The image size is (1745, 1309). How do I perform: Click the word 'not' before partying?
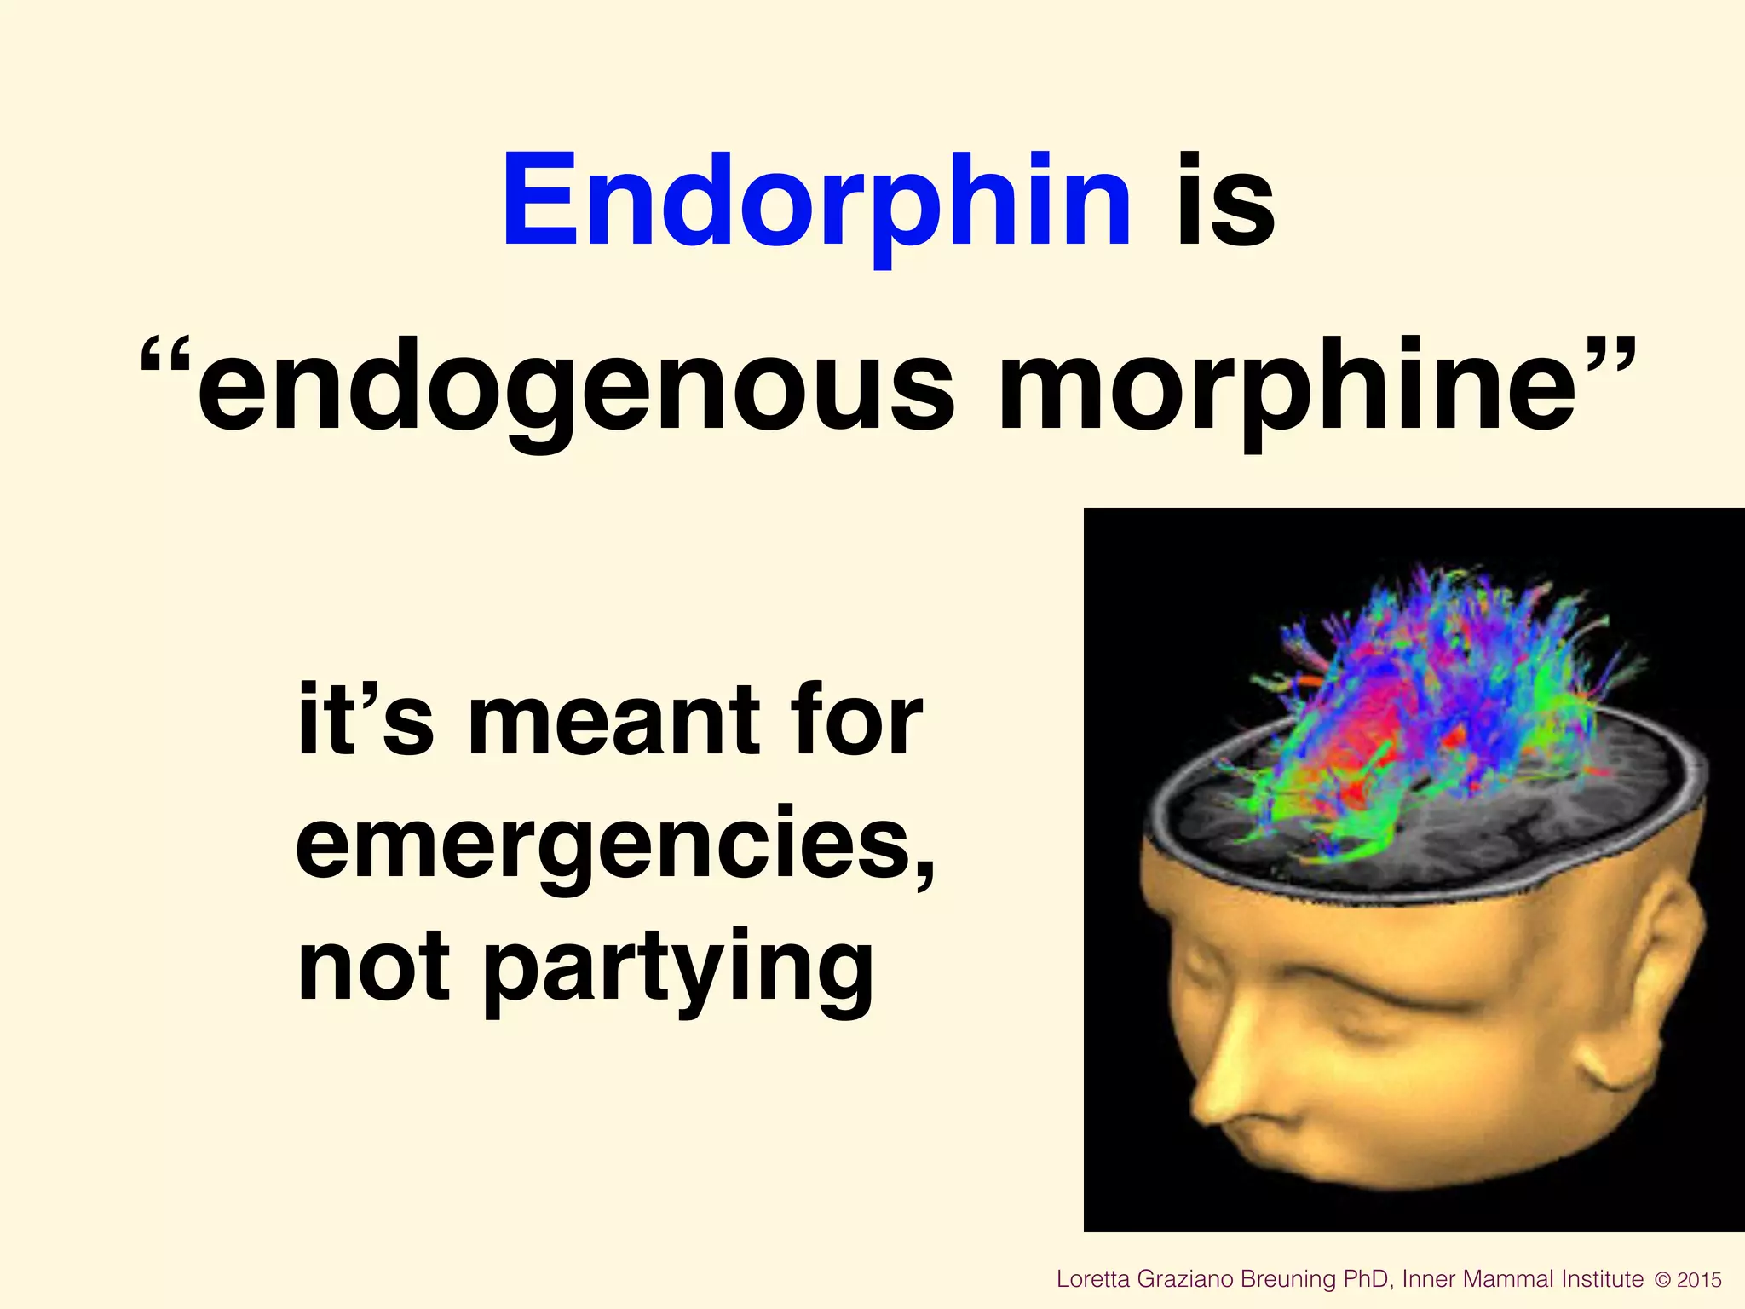[x=373, y=967]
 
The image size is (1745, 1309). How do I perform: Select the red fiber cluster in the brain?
[x=1363, y=733]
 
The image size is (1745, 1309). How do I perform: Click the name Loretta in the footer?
[x=1093, y=1279]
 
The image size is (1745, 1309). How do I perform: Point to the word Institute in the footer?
[x=1603, y=1279]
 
